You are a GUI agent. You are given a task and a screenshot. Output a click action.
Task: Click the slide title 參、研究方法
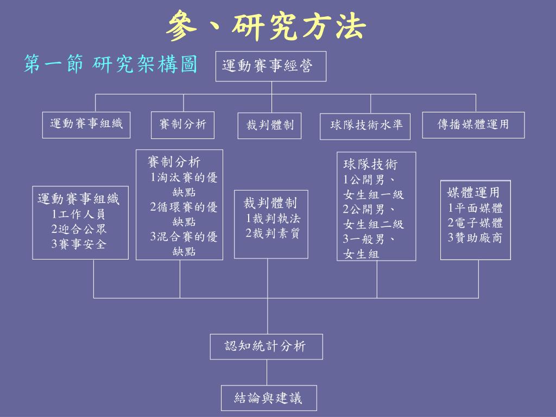(x=266, y=27)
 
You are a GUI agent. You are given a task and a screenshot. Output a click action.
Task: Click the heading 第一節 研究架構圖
(x=110, y=65)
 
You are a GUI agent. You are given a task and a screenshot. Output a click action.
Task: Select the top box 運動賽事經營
(x=270, y=66)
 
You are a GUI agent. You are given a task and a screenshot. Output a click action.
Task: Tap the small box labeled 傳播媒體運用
(x=473, y=125)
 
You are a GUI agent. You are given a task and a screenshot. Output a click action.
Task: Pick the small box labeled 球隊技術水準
(x=366, y=126)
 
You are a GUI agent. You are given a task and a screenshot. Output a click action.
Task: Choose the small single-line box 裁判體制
(x=270, y=126)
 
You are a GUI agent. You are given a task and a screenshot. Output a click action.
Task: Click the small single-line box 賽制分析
(x=183, y=125)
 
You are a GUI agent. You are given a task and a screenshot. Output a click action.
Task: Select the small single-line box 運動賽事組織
(x=87, y=124)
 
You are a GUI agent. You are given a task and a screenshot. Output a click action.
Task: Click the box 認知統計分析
(x=266, y=346)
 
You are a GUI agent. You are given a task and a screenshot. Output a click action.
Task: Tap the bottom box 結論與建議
(x=268, y=398)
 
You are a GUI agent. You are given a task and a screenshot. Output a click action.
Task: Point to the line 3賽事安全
(x=79, y=244)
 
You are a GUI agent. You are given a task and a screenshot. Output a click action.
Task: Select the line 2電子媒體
(x=475, y=223)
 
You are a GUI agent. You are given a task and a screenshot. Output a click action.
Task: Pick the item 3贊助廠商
(x=475, y=237)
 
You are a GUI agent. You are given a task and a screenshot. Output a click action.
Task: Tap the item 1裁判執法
(x=273, y=219)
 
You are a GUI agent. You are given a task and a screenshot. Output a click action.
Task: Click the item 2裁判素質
(x=273, y=233)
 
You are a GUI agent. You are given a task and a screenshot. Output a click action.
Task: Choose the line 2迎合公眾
(x=79, y=229)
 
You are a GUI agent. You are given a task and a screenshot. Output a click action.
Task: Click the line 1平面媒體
(x=475, y=208)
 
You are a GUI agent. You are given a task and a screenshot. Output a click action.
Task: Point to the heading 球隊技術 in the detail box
(x=370, y=165)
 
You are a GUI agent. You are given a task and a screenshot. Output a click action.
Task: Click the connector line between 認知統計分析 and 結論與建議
(x=267, y=372)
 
